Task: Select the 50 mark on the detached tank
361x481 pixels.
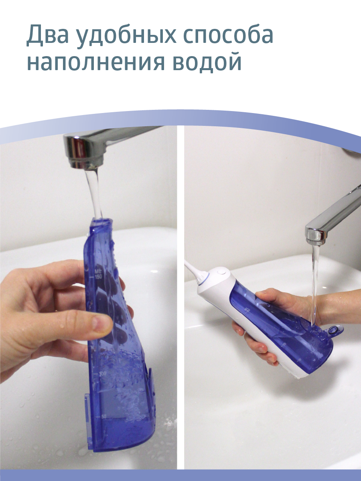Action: pyautogui.click(x=103, y=417)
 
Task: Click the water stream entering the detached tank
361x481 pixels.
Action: pyautogui.click(x=94, y=192)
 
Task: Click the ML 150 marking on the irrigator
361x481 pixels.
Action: pyautogui.click(x=247, y=308)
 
